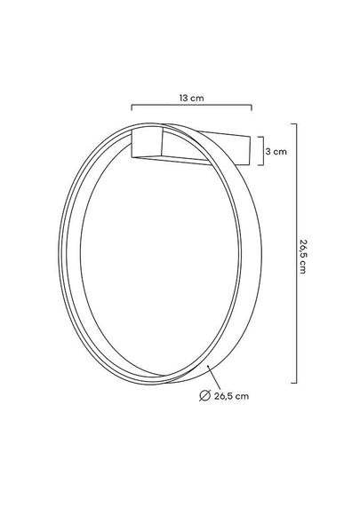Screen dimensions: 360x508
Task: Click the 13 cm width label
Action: [192, 98]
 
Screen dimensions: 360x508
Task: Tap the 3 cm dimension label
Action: [276, 151]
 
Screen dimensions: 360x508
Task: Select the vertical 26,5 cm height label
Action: [302, 257]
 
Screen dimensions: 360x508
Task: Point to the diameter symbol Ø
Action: [204, 395]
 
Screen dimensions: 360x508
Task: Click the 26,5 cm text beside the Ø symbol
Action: [231, 396]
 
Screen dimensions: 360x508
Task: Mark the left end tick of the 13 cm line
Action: [132, 107]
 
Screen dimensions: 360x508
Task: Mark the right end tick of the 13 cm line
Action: [252, 107]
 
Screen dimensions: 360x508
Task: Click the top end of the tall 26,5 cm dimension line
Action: [294, 123]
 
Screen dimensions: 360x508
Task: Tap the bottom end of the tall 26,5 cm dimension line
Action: [294, 383]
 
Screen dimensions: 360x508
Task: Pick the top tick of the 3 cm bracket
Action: [260, 137]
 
